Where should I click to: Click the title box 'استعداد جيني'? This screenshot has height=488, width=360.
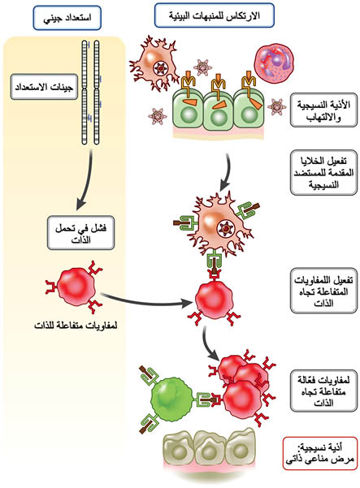coord(67,18)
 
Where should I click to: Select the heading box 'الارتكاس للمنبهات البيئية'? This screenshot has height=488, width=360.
coord(215,15)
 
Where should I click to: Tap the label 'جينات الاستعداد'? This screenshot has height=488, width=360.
coord(44,87)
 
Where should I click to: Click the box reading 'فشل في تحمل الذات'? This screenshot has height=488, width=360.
coord(80,233)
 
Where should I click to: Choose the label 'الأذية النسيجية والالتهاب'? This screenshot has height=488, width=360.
coord(323,110)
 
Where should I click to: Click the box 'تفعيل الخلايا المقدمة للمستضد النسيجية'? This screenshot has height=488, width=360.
coord(323,172)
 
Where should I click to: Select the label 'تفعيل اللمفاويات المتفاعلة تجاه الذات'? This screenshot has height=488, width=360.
coord(323,291)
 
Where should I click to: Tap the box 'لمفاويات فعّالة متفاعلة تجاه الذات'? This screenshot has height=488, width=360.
coord(323,391)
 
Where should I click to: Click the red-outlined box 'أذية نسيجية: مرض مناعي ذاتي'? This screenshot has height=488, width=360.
coord(320,453)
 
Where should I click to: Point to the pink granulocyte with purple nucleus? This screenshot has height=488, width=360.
coord(275,63)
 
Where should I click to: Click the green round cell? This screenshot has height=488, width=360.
coord(171,399)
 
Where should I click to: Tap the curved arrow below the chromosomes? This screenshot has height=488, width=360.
coord(88,180)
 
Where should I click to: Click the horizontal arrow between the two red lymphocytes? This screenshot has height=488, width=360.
coord(145,300)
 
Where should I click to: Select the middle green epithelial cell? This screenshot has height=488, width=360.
coord(218,109)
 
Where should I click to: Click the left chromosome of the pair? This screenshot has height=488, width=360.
coord(85,93)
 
